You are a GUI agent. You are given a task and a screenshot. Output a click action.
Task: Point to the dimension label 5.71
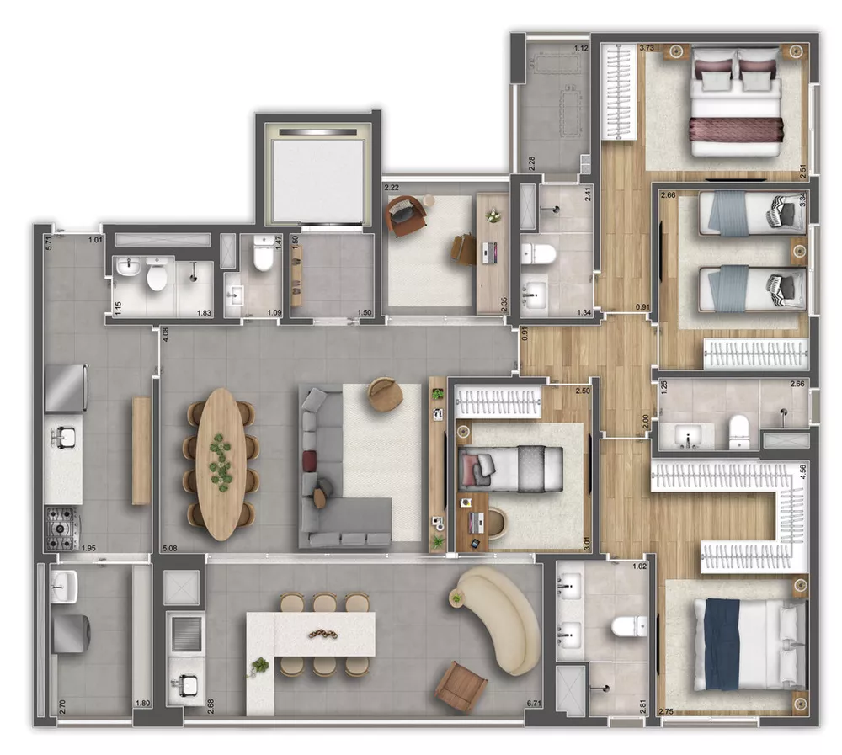point(50,242)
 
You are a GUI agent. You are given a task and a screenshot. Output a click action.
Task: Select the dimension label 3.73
point(647,49)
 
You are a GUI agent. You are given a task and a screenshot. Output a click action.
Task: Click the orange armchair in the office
point(404,215)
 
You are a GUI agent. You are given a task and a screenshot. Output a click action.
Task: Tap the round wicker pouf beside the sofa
point(386,395)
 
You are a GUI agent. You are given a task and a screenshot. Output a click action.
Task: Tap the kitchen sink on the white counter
point(63,436)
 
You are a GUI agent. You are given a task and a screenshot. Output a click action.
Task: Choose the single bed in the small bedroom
point(509,465)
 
